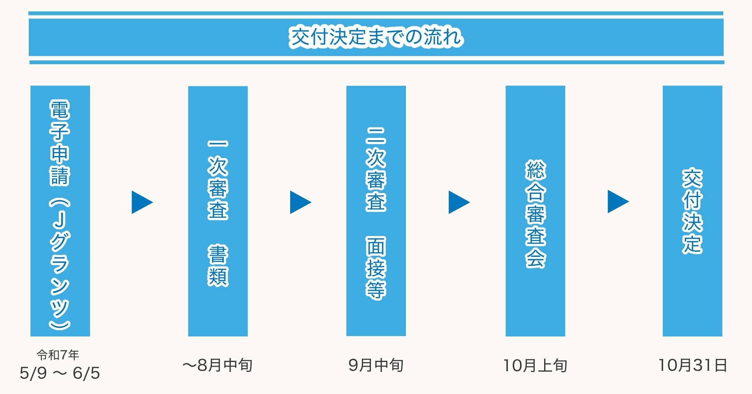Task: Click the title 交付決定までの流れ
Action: click(376, 37)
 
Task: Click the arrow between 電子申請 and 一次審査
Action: click(141, 202)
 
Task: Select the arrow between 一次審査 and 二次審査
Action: click(300, 202)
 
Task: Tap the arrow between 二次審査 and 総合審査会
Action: click(458, 202)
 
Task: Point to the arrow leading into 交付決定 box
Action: click(617, 201)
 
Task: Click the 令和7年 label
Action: click(58, 355)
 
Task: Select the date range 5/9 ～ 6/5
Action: click(60, 373)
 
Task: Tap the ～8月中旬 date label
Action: click(217, 365)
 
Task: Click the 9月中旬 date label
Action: click(376, 365)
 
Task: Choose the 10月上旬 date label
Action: click(535, 366)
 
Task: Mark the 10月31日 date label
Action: click(693, 365)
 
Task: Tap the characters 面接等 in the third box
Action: click(376, 268)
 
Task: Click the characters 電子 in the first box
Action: click(60, 120)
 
